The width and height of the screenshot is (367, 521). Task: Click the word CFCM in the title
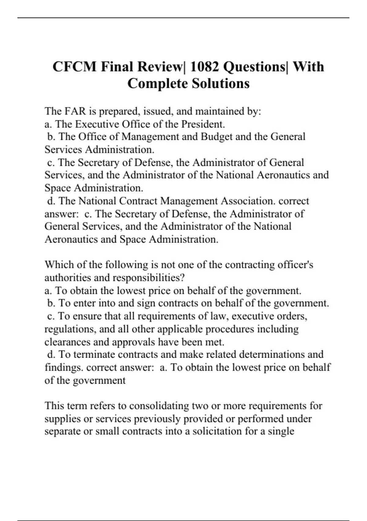point(75,67)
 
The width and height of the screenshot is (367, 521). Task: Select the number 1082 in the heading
point(205,67)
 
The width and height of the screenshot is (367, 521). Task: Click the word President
point(203,124)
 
